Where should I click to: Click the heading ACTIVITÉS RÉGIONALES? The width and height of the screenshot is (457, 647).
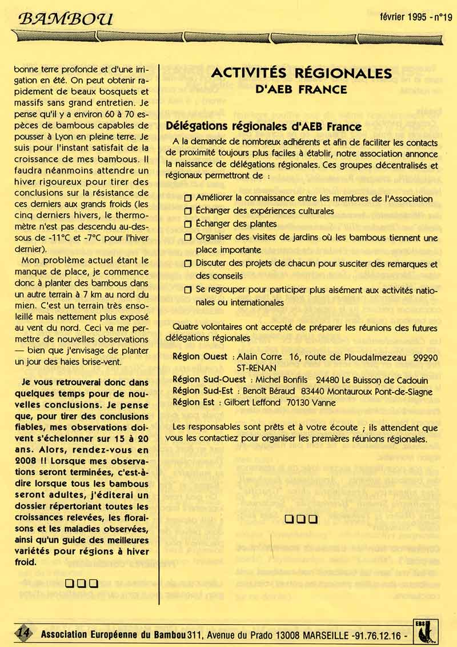[x=302, y=73]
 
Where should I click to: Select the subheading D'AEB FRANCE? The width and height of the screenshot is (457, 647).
[x=301, y=89]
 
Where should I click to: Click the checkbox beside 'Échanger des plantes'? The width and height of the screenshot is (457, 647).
[x=188, y=224]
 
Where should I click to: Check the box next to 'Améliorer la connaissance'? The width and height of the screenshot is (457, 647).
[x=188, y=198]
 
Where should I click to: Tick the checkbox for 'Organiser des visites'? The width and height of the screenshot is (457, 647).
[x=188, y=237]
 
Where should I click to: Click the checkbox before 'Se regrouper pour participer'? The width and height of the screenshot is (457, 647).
[x=188, y=290]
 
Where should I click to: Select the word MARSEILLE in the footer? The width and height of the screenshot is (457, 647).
[x=321, y=634]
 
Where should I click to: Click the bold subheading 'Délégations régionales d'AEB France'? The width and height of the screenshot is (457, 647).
[x=263, y=126]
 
